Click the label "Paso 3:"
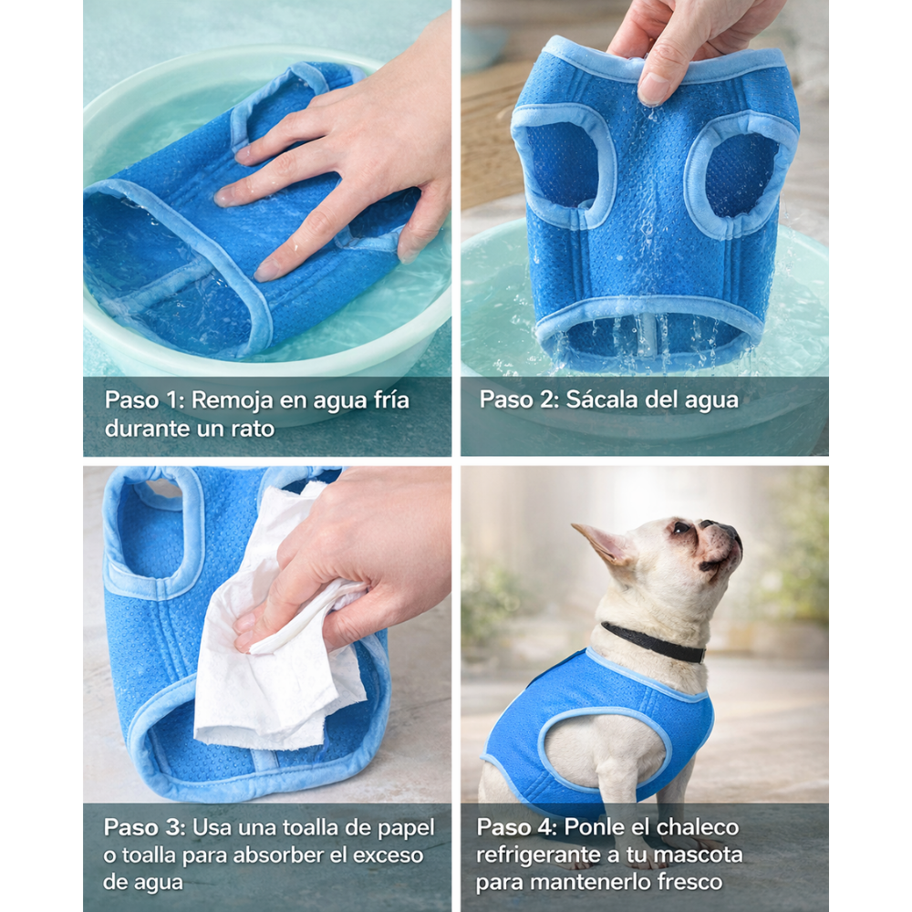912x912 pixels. pos(144,827)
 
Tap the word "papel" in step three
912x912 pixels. pos(406,828)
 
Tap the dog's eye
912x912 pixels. pos(680,527)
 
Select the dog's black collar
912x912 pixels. pos(653,642)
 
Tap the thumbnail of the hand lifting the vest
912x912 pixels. pos(654,88)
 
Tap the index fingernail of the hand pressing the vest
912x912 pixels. pos(223,195)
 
